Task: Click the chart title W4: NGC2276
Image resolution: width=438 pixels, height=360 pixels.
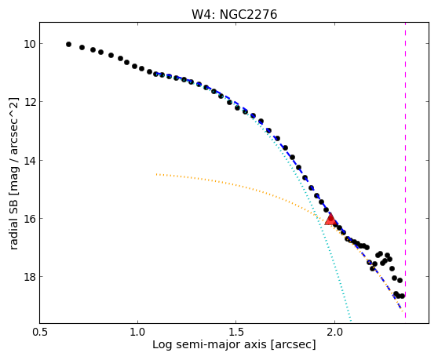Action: (x=234, y=14)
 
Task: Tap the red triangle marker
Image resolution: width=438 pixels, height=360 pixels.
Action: (x=330, y=219)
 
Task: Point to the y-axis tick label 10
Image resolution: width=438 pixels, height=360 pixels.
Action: (x=30, y=44)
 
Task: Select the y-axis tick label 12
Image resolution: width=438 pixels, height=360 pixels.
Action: (x=30, y=102)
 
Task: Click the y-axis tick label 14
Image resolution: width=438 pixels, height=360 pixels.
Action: (x=30, y=161)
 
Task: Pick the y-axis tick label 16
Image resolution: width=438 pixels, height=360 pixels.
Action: (x=30, y=219)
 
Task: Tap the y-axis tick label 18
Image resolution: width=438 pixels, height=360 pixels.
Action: (x=30, y=277)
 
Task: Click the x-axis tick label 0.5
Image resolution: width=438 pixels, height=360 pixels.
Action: (x=40, y=332)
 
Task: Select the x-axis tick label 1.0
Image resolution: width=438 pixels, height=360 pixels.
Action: (x=137, y=332)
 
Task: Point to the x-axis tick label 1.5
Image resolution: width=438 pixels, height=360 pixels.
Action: (x=236, y=332)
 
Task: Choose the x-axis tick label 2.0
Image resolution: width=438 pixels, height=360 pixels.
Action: (x=334, y=332)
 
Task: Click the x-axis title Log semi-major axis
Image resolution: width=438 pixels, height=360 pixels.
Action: (x=210, y=345)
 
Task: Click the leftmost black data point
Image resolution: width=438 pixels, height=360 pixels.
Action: (x=69, y=44)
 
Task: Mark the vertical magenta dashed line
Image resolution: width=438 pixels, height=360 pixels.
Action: (x=405, y=169)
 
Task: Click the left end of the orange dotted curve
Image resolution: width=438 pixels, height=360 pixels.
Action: (x=156, y=174)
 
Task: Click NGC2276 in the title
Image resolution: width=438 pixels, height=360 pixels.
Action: (x=248, y=14)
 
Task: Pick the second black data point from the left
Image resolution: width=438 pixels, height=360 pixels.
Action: (x=82, y=47)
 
